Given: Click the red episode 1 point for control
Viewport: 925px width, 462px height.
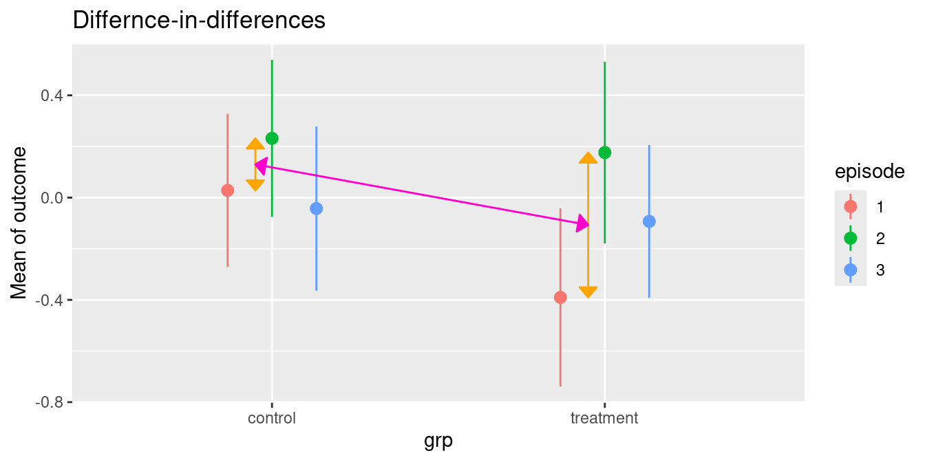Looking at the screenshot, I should coord(228,190).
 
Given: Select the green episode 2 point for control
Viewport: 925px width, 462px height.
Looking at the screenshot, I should coord(272,139).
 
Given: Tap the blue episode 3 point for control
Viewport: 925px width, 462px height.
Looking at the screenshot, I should coord(316,208).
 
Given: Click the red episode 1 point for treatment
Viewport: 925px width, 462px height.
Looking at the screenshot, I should coord(561,297).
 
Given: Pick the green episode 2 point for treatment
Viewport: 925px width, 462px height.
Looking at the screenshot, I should coord(605,153).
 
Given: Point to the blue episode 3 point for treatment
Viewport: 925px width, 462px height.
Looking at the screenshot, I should coord(649,221).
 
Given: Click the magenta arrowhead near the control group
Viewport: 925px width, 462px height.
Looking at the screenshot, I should coord(260,165).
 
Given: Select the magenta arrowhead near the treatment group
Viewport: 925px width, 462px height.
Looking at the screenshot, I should coord(583,223).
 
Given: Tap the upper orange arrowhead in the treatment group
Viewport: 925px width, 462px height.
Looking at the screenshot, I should coord(588,159).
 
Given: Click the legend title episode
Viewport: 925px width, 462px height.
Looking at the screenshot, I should coord(869,172).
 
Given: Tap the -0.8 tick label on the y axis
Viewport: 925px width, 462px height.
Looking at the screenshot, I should coord(48,402).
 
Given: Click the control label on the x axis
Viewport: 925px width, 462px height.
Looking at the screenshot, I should coord(272,418).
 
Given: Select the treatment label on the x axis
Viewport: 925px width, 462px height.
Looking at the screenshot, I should coord(605,418).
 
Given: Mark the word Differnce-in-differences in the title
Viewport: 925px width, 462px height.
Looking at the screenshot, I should coord(199,21).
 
